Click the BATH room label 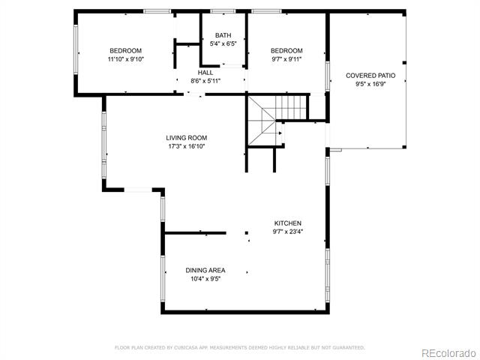pos(223,35)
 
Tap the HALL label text pos(205,73)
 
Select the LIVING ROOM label pos(187,138)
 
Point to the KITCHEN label pos(288,223)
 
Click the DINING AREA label pos(205,271)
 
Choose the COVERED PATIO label pos(370,76)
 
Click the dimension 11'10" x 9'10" pos(126,59)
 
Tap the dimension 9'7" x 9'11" pos(286,59)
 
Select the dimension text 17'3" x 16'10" pos(187,147)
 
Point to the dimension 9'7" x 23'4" pos(288,232)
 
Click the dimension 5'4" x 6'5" pos(223,44)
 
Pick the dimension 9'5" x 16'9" pos(370,84)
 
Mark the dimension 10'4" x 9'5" pos(205,279)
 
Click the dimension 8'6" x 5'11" pos(205,82)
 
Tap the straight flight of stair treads pos(290,107)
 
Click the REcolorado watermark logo pos(448,353)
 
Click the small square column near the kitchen pos(247,233)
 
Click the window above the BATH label pos(223,12)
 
